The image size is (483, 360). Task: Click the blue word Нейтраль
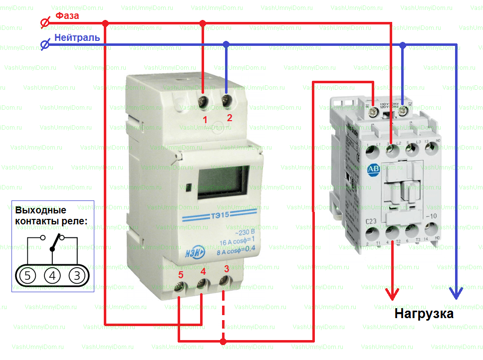click(x=77, y=37)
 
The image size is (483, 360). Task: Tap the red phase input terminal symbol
click(x=44, y=23)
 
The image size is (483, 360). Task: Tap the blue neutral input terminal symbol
click(x=44, y=45)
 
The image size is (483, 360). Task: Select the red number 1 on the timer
click(x=204, y=120)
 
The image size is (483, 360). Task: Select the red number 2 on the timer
click(x=230, y=118)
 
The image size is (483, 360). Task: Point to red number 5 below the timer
click(x=181, y=274)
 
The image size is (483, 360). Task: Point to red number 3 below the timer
click(x=227, y=269)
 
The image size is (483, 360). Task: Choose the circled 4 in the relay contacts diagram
click(x=52, y=275)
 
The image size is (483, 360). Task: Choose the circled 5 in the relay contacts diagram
click(x=28, y=275)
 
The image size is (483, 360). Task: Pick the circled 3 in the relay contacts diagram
click(x=76, y=275)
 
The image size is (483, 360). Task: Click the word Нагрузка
click(x=424, y=314)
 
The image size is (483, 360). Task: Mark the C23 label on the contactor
click(x=371, y=221)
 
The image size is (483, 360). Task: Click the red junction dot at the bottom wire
click(x=223, y=342)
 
